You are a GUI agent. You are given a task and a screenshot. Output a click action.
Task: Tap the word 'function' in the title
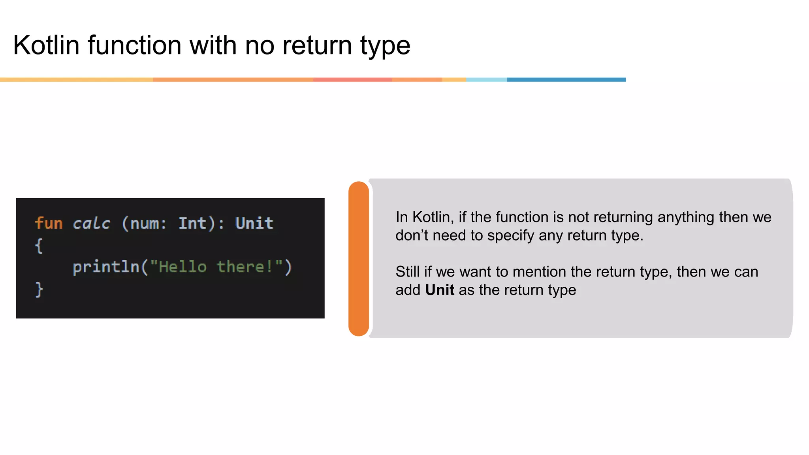coord(134,45)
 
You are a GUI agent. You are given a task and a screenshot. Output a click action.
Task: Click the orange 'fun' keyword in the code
coord(49,224)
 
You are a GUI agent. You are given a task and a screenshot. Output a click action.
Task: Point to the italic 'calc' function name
coord(91,224)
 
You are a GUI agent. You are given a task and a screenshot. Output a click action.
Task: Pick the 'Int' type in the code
coord(192,224)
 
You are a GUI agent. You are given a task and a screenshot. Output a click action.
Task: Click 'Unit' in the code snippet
coord(254,224)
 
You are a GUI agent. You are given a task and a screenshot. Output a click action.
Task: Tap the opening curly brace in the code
coord(39,246)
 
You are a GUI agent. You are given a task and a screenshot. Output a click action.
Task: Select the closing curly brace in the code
coord(39,290)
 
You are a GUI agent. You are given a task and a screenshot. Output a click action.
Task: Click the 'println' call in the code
coord(106,267)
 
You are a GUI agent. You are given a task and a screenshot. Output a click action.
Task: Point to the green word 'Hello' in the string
coord(182,267)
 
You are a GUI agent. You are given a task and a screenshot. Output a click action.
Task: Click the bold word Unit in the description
coord(440,290)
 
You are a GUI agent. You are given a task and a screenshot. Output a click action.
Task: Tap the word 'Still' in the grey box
coord(408,272)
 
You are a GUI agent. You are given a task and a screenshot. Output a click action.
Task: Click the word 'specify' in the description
coord(510,236)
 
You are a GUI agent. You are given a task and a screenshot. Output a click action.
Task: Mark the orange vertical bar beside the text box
coord(359,259)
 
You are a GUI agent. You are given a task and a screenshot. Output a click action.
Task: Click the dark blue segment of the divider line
coord(566,80)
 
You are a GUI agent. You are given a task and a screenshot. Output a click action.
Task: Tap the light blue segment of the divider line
coord(486,80)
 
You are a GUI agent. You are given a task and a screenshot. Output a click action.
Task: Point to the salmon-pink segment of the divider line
coord(352,80)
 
